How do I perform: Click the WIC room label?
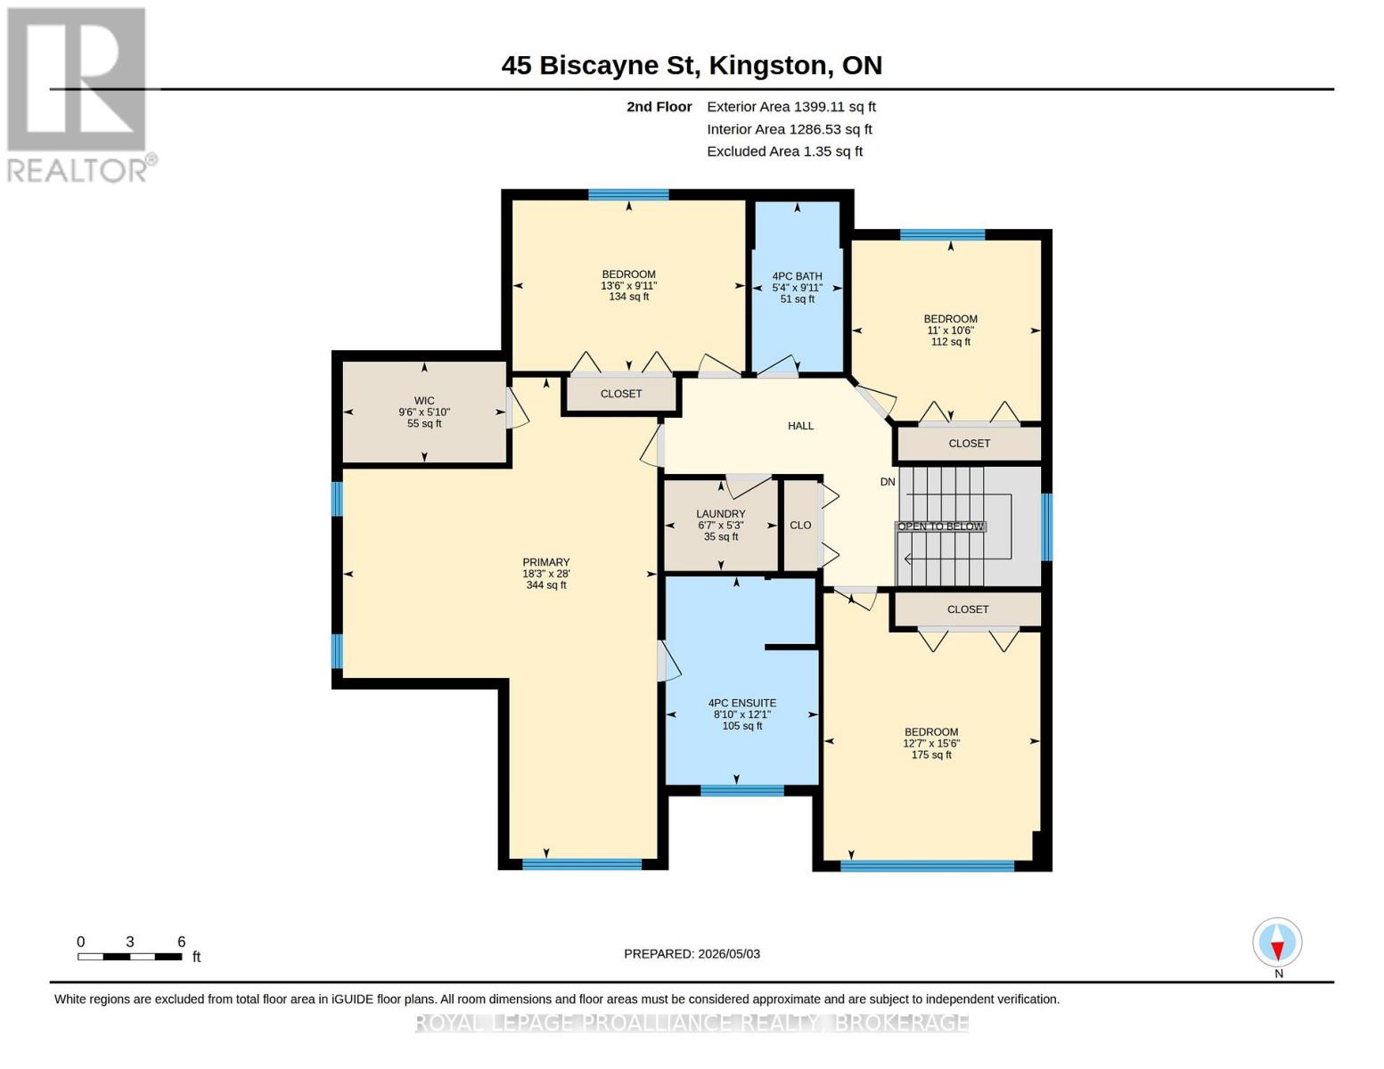(423, 401)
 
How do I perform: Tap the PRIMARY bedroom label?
(545, 562)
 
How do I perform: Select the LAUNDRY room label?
(720, 514)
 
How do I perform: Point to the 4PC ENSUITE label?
(742, 703)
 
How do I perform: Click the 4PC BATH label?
(797, 276)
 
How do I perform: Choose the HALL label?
(800, 426)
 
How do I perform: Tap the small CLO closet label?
(800, 526)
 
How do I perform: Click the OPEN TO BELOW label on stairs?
(940, 526)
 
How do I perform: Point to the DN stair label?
(888, 482)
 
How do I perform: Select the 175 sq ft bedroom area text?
(931, 755)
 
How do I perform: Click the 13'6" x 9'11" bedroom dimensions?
(628, 286)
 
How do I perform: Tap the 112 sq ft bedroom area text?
(950, 342)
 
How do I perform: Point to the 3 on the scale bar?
(130, 942)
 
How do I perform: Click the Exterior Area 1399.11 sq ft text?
(791, 107)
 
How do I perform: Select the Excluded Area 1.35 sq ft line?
(784, 151)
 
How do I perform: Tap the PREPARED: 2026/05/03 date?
(692, 954)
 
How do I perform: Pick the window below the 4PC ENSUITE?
(742, 791)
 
